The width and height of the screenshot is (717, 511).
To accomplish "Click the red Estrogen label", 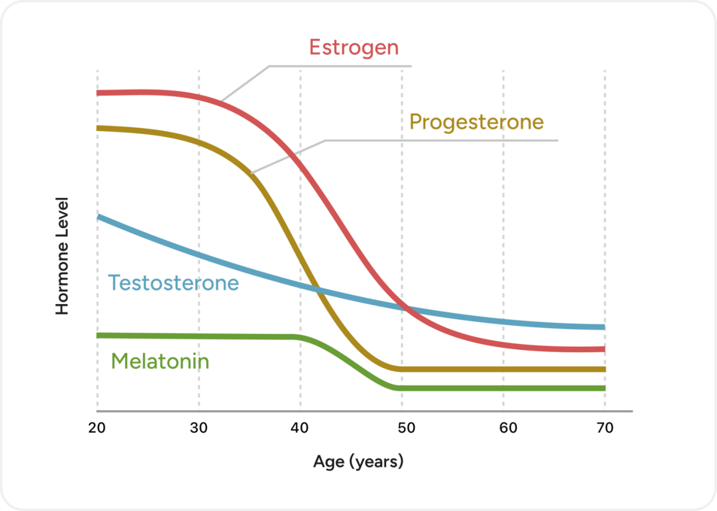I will tap(354, 47).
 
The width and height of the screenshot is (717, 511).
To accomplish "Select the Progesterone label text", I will tap(476, 122).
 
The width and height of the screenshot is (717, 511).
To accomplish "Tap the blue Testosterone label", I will tap(173, 283).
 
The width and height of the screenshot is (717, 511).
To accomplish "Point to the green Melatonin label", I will tap(160, 361).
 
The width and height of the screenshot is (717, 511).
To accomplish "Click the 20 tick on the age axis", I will tap(97, 429).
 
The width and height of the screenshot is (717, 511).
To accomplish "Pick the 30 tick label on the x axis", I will tap(199, 429).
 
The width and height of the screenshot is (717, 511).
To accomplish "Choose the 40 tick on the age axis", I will tap(300, 429).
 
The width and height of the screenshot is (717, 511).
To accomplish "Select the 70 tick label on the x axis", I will tap(604, 429).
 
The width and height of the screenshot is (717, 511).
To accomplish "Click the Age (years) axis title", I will tap(358, 461).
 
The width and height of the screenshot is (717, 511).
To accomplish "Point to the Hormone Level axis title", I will tap(62, 256).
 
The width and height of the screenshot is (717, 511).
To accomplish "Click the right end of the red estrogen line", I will tap(603, 349).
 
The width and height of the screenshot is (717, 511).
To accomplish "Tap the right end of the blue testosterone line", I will tap(603, 327).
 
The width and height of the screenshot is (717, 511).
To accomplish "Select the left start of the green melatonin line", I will tap(99, 335).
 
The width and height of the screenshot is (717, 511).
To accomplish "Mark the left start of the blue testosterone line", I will tap(99, 217).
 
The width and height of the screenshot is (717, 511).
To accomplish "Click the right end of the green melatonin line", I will tap(603, 388).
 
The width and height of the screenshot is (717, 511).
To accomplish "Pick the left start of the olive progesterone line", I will tap(99, 128).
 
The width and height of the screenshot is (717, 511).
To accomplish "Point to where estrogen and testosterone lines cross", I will tap(405, 306).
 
